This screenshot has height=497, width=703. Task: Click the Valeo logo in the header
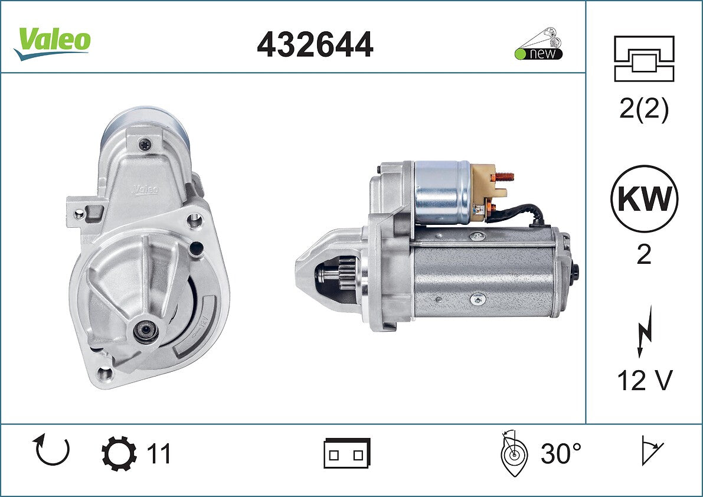[x=53, y=43]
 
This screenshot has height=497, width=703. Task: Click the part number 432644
[x=315, y=44]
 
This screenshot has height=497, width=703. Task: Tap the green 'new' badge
[x=538, y=54]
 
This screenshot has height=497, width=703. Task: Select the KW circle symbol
[x=644, y=199]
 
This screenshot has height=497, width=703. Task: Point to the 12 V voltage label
[x=645, y=381]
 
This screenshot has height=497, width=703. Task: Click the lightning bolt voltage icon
[x=645, y=331]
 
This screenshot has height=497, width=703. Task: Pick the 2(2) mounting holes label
[x=644, y=109]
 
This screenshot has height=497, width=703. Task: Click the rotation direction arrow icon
[x=51, y=450]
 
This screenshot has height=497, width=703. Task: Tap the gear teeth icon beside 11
[x=119, y=453]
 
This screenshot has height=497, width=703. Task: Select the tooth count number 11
[x=159, y=453]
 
